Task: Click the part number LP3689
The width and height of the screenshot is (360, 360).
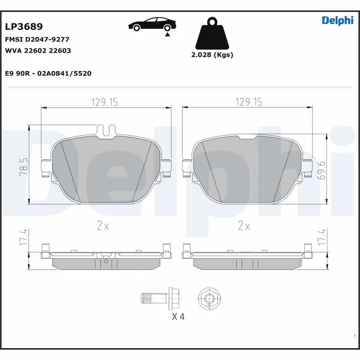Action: (x=23, y=27)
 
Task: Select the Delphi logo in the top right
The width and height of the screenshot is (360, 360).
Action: (x=337, y=21)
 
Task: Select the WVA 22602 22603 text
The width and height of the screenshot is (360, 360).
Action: (x=38, y=51)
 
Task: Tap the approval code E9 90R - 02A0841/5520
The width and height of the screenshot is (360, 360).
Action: (x=48, y=73)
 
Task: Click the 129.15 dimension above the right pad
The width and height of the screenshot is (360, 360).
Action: (x=248, y=103)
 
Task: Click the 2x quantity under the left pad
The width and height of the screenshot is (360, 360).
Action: (x=103, y=226)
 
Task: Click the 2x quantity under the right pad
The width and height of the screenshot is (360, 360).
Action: (x=243, y=226)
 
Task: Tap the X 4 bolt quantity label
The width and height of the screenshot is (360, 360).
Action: (x=178, y=317)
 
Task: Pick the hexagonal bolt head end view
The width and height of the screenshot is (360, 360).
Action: (x=209, y=298)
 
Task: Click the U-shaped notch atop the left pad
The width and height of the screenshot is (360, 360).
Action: (x=106, y=130)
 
